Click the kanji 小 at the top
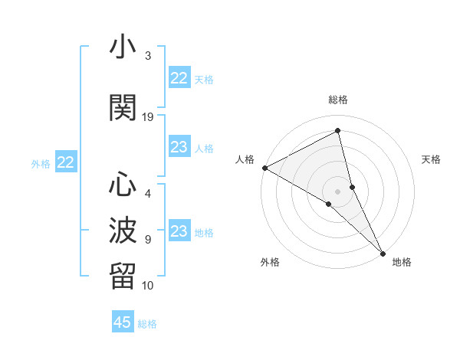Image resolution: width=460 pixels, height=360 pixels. tap(123, 47)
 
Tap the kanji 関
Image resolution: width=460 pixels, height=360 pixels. tap(123, 107)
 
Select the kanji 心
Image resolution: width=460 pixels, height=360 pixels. tap(123, 185)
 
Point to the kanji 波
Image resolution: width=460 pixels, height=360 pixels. tap(123, 229)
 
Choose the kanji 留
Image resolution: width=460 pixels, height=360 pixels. tap(123, 275)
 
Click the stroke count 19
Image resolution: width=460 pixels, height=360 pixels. tap(148, 116)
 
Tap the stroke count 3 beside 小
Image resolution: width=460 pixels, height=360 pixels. tap(148, 56)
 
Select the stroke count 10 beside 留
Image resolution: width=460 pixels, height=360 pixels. tap(148, 285)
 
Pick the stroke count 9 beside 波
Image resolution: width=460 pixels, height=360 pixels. tap(148, 239)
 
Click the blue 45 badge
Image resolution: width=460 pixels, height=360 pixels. tap(123, 322)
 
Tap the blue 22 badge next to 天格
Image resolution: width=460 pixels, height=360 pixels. tap(179, 78)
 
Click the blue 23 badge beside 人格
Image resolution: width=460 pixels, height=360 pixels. tap(179, 147)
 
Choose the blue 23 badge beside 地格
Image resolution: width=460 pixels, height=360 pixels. tap(179, 231)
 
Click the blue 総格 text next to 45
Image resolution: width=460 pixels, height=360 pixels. tap(147, 323)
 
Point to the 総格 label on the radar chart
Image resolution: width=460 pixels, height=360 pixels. tap(338, 100)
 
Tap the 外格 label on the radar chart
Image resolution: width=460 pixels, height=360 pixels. tap(270, 262)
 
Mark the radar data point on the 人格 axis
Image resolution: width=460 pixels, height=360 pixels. tap(264, 168)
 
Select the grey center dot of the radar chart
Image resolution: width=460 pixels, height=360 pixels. tap(338, 191)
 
